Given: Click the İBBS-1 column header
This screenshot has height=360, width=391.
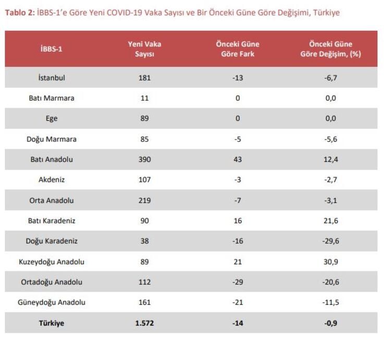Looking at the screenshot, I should [x=52, y=49].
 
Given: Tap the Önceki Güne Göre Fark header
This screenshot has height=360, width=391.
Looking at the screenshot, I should [x=237, y=49].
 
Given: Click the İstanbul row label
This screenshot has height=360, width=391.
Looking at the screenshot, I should [x=52, y=78].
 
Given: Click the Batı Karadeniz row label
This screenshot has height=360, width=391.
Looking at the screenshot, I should [x=52, y=221].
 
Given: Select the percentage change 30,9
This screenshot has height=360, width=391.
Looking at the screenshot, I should [x=331, y=261].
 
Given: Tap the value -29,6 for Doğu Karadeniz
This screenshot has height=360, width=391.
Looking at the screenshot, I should [x=331, y=241].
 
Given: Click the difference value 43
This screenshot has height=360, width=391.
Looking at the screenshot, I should [x=238, y=159].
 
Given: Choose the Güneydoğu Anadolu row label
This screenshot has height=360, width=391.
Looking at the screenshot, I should [x=52, y=302].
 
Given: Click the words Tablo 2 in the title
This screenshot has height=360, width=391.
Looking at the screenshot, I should [x=19, y=13].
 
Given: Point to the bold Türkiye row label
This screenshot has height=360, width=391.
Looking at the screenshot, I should [x=52, y=323].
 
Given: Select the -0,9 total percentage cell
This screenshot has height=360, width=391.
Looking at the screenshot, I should [x=331, y=323].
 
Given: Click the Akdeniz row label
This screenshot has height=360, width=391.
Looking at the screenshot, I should [x=52, y=179].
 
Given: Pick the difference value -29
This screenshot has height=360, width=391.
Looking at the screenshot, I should [x=238, y=282].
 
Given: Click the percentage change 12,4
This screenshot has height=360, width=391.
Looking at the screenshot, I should [x=331, y=159].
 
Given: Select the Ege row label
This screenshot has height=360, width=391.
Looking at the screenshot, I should [x=52, y=118].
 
